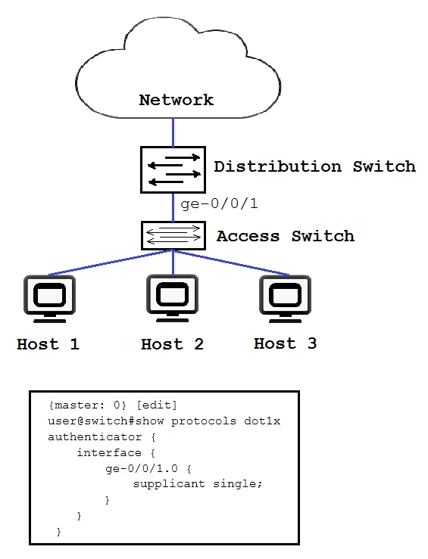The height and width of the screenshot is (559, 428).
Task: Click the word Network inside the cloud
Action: [x=177, y=100]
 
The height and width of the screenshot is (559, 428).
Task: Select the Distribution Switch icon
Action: [x=173, y=169]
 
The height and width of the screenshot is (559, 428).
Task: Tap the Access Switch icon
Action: [x=173, y=236]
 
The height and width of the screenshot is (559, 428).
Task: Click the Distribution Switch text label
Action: [x=314, y=166]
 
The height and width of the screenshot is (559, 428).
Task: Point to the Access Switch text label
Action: [x=286, y=236]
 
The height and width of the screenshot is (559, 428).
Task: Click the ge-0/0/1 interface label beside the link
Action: [x=219, y=204]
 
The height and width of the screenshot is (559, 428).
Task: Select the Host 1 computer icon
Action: [x=50, y=299]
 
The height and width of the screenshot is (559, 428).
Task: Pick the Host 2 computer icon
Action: [x=173, y=298]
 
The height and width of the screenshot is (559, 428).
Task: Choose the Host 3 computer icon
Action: [x=286, y=299]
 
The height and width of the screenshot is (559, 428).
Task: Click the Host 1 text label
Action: [x=48, y=344]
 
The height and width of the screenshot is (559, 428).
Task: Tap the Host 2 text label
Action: [x=173, y=344]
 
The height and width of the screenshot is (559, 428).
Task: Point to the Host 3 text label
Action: [x=286, y=343]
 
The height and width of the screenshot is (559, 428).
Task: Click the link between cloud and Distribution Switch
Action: [x=173, y=132]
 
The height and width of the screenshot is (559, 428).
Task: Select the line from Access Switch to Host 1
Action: [x=111, y=262]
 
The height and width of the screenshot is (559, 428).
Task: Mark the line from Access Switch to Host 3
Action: [x=231, y=262]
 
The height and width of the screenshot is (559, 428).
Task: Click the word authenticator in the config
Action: [x=95, y=436]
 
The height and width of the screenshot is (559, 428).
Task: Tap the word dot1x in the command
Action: [x=262, y=421]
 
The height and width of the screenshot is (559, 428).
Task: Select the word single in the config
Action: [x=238, y=484]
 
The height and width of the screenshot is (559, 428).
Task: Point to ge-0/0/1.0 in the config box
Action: [x=142, y=468]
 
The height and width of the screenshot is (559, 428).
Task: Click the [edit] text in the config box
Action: [x=157, y=405]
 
